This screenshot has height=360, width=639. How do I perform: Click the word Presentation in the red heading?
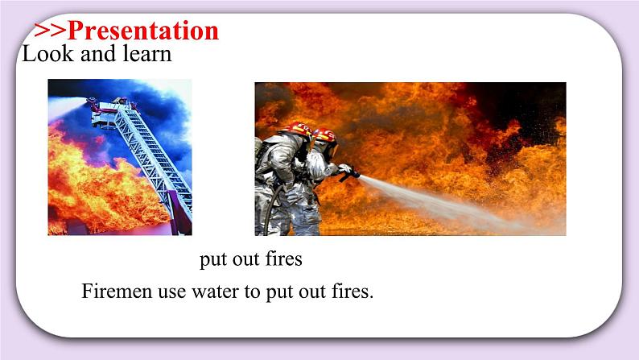(x=142, y=31)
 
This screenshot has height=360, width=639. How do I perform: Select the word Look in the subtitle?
(x=43, y=55)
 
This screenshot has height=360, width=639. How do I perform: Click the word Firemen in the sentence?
(x=113, y=292)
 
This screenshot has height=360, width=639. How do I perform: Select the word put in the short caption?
(x=212, y=260)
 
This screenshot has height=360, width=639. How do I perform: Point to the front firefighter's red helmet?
(x=325, y=135)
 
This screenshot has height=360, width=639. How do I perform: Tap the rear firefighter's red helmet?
(x=299, y=128)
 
